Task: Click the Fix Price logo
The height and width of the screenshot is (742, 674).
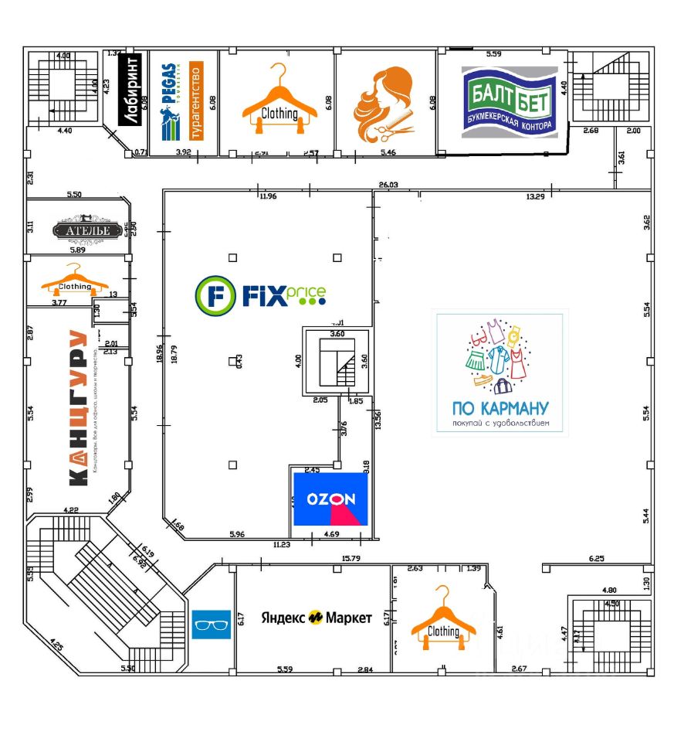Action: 260,294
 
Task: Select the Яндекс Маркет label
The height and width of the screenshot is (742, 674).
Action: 316,618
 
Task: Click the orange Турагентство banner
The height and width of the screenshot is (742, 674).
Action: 196,101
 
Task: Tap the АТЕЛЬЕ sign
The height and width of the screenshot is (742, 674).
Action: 88,230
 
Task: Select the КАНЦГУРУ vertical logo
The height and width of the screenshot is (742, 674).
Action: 77,407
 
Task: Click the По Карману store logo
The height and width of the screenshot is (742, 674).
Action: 500,373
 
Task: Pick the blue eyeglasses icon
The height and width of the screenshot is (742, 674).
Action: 211,624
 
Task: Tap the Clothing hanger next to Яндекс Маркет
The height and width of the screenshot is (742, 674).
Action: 443,619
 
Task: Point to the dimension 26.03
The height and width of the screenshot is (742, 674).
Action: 388,185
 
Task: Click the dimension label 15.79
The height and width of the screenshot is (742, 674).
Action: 351,558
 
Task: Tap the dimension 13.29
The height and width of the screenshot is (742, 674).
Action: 536,196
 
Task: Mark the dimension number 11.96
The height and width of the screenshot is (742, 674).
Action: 267,196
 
